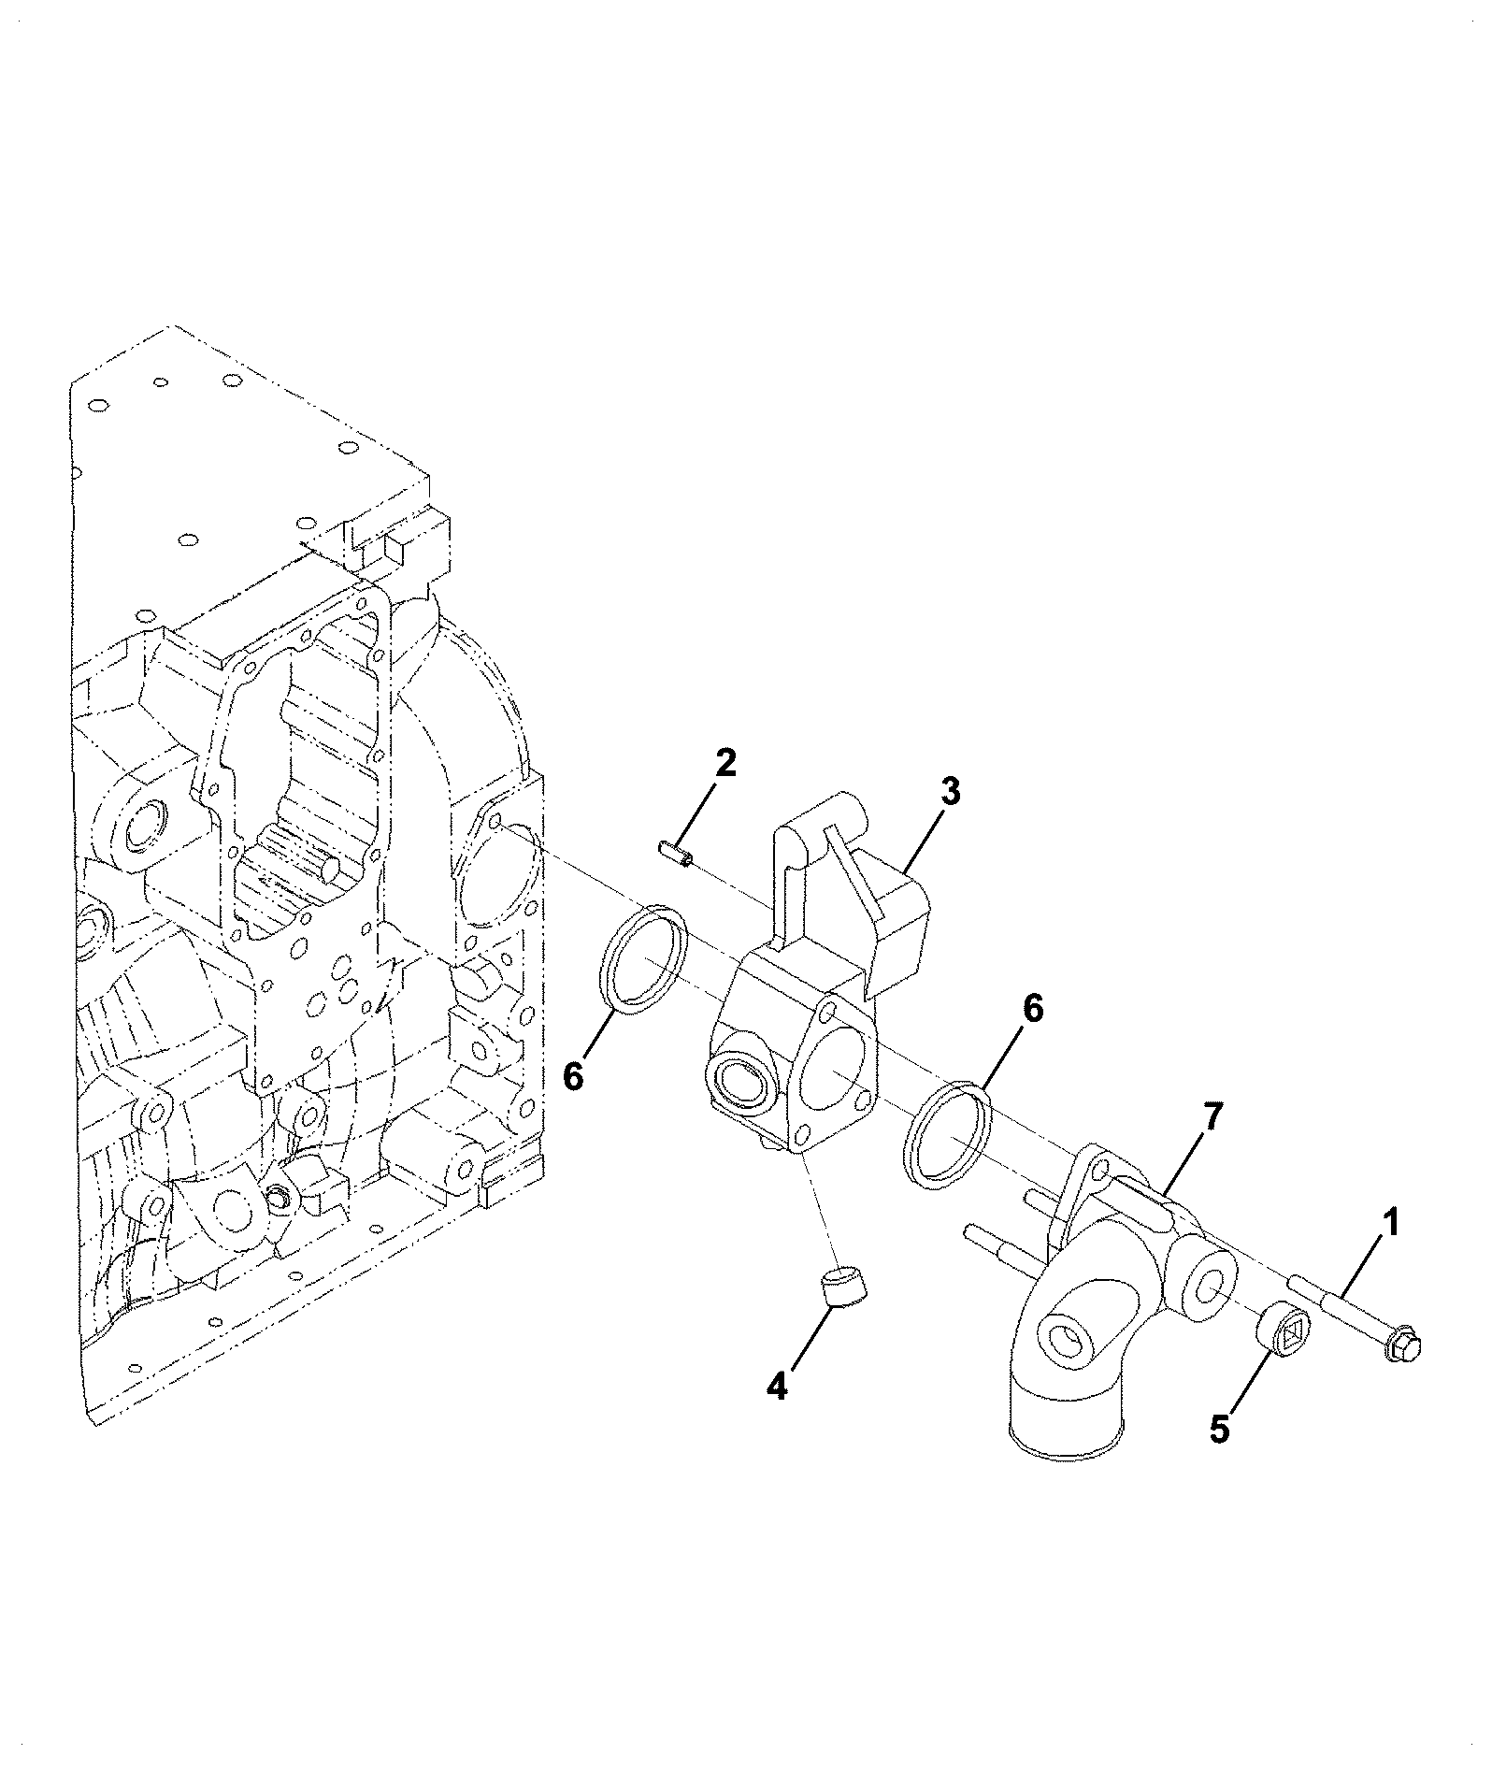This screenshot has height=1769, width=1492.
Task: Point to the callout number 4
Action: coord(777,1385)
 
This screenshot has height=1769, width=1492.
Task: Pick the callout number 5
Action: coord(1220,1430)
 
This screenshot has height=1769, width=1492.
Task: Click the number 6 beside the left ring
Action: coord(573,1076)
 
